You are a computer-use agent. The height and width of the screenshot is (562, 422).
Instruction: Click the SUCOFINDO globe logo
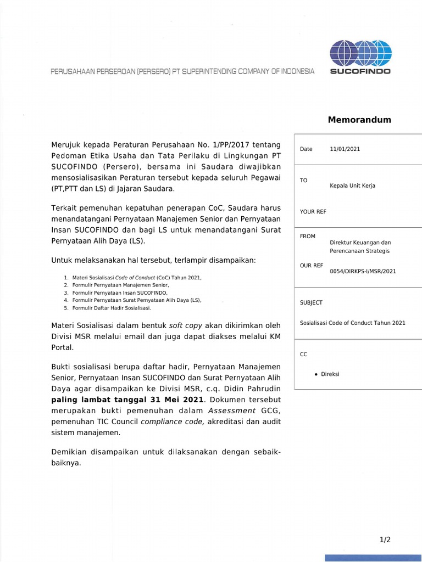point(360,53)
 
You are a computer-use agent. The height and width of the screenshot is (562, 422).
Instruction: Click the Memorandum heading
point(359,120)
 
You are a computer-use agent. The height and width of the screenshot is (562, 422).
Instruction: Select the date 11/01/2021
point(345,149)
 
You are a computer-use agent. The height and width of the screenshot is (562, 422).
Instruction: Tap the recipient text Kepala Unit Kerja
point(352,186)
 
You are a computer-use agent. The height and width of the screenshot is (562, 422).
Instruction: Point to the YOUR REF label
point(313,212)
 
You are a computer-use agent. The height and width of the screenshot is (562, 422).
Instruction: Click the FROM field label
point(308,237)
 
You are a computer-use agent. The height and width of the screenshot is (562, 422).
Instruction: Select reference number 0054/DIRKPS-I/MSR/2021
point(363,271)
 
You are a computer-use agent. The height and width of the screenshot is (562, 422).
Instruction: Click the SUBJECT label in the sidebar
point(311,303)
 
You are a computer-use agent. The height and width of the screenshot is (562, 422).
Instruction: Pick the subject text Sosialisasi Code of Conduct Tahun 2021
point(352,323)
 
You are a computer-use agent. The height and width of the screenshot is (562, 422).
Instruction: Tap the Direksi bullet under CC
point(330,374)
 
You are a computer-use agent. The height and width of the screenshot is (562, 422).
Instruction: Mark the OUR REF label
point(312,266)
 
